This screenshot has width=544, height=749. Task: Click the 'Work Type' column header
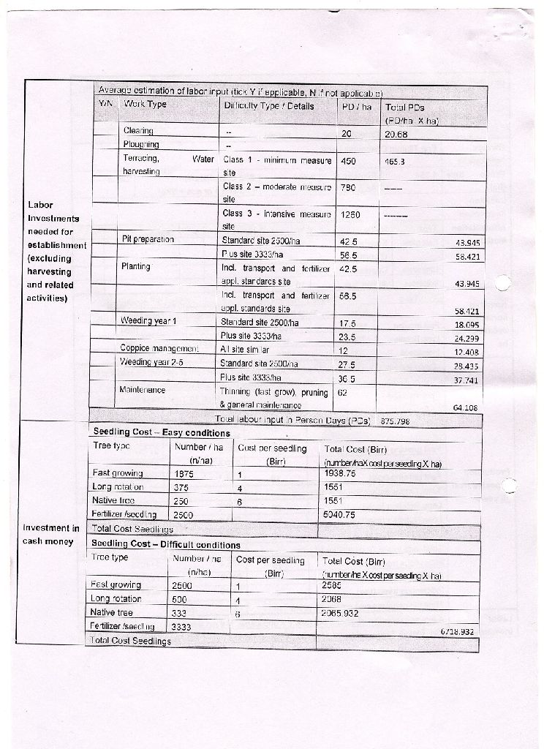[145, 105]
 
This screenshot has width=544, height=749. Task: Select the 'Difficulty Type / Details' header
[268, 106]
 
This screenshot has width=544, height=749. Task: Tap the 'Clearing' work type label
[138, 131]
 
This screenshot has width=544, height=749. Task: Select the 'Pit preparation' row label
[148, 239]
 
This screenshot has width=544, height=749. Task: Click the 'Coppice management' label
[159, 349]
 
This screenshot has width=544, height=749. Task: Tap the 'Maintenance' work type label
[142, 390]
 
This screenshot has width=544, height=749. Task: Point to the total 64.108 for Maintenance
[465, 408]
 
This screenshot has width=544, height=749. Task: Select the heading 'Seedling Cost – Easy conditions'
[151, 432]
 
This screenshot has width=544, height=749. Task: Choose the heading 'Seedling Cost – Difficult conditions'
[165, 545]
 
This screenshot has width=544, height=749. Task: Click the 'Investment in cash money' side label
[51, 535]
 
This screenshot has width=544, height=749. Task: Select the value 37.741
[465, 380]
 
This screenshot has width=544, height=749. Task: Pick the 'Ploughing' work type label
[140, 145]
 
